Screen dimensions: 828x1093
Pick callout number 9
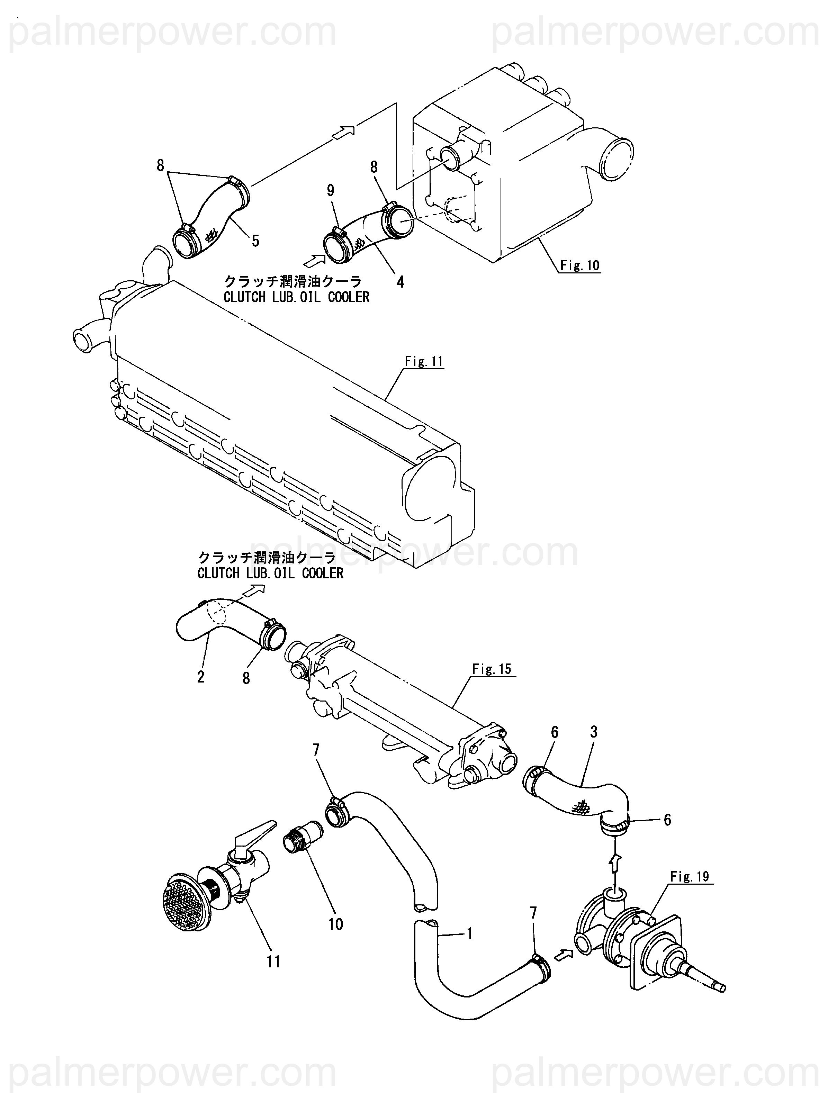[x=331, y=190]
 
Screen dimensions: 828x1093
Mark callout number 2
[x=201, y=676]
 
